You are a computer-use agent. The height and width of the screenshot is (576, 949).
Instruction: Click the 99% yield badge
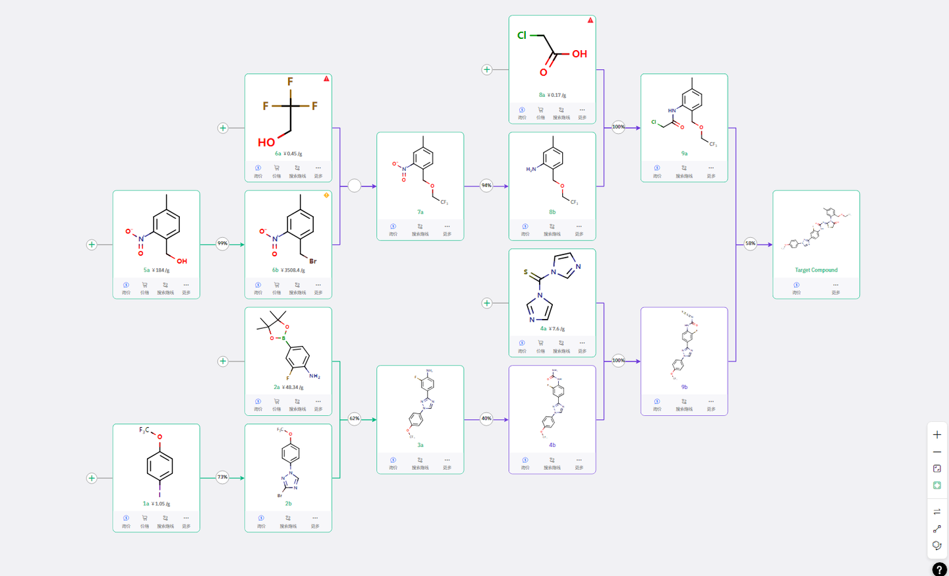click(223, 244)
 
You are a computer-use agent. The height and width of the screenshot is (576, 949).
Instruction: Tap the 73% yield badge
click(223, 477)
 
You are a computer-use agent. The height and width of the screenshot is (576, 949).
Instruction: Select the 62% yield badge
click(355, 418)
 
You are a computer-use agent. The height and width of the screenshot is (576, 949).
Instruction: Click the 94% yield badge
click(486, 185)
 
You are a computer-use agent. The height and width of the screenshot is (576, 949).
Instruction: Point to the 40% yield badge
click(486, 418)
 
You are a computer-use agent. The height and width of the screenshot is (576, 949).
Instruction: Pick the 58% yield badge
click(750, 244)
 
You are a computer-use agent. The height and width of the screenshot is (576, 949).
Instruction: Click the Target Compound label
click(816, 270)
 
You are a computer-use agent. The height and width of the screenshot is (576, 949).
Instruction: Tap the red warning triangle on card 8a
click(590, 20)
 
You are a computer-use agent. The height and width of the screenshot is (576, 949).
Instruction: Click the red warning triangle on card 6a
click(326, 79)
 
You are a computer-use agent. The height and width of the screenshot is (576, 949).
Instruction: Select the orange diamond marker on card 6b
click(326, 196)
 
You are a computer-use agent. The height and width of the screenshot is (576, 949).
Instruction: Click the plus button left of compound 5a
click(92, 245)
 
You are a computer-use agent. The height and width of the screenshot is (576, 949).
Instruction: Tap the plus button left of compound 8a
click(487, 69)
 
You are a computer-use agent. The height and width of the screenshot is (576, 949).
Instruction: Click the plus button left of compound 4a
click(487, 303)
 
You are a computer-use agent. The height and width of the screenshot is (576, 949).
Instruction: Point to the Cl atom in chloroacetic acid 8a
click(522, 36)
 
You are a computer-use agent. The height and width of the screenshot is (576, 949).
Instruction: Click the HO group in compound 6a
click(266, 142)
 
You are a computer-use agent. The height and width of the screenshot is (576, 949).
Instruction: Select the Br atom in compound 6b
click(313, 261)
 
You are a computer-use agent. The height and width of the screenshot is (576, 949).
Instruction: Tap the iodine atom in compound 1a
click(159, 495)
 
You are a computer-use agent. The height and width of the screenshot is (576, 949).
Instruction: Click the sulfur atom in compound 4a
click(525, 272)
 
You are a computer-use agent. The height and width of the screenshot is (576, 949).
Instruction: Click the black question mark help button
click(939, 569)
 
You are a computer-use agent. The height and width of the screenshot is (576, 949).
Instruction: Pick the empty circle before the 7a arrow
click(355, 186)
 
